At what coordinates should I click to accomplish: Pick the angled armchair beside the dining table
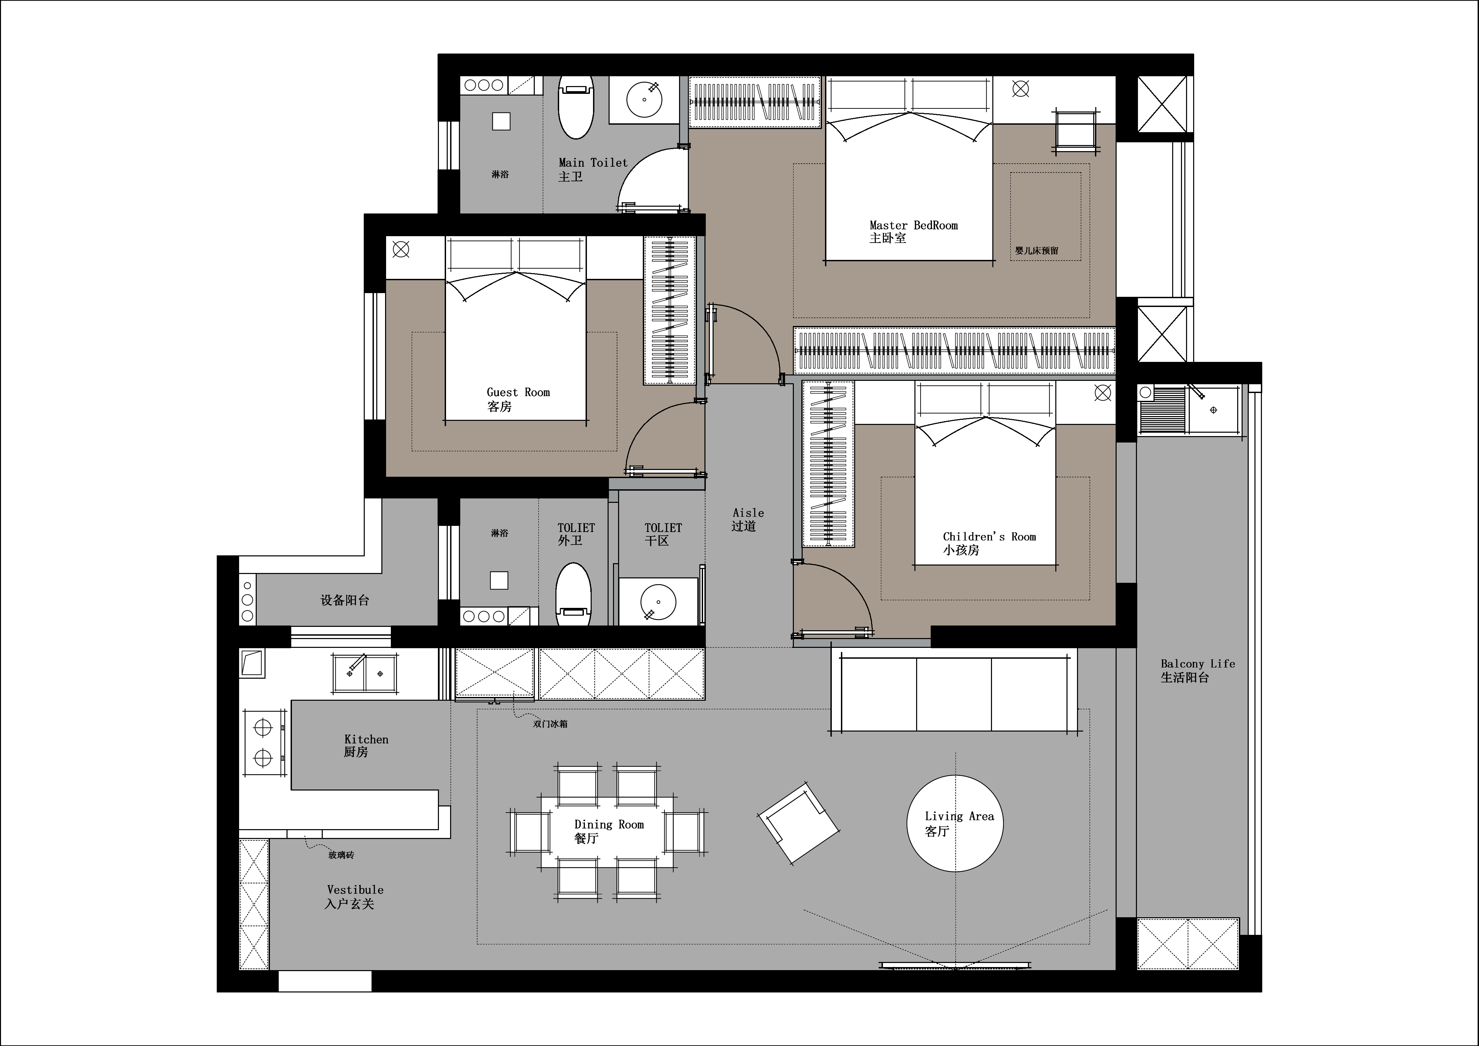(x=799, y=823)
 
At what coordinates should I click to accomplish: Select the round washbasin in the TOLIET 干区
(x=658, y=602)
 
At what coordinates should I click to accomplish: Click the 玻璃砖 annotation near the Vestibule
(x=341, y=855)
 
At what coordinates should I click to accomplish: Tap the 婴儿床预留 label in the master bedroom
(x=1036, y=251)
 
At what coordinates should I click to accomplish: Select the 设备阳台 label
(x=345, y=600)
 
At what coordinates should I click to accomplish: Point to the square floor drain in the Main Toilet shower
(x=501, y=121)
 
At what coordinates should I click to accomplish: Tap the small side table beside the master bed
(x=1076, y=131)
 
